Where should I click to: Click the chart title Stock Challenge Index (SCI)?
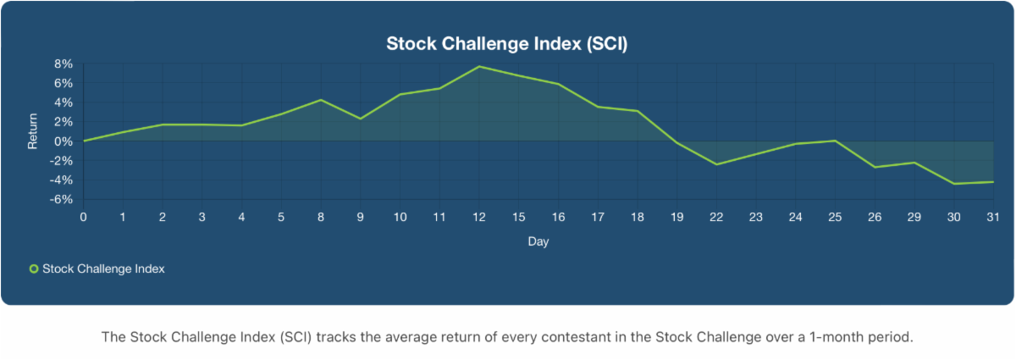(x=506, y=43)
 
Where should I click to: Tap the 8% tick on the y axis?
(x=64, y=64)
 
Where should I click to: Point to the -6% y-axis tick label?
(x=63, y=200)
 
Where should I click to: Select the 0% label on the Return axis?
(x=64, y=141)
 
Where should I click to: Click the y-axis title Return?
(x=33, y=132)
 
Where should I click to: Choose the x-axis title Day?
(x=538, y=241)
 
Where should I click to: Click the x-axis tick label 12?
(x=479, y=217)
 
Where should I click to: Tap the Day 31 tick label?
(x=993, y=217)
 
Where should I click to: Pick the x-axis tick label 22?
(x=716, y=217)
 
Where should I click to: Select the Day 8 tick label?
(x=321, y=217)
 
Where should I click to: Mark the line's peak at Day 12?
(x=479, y=66)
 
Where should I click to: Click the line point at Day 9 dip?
(x=361, y=119)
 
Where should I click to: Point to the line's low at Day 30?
(x=954, y=184)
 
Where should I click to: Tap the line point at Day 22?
(x=716, y=164)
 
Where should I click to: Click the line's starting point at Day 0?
(x=84, y=141)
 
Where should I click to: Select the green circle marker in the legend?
(x=34, y=269)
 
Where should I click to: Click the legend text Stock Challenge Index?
(x=103, y=269)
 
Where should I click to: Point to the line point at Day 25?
(x=835, y=141)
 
